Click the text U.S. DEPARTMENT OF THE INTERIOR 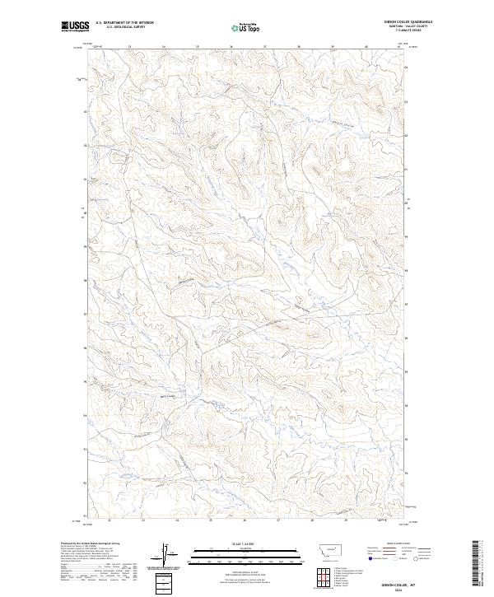pyautogui.click(x=124, y=23)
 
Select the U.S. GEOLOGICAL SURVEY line pyautogui.click(x=119, y=27)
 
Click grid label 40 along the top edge pyautogui.click(x=366, y=47)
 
